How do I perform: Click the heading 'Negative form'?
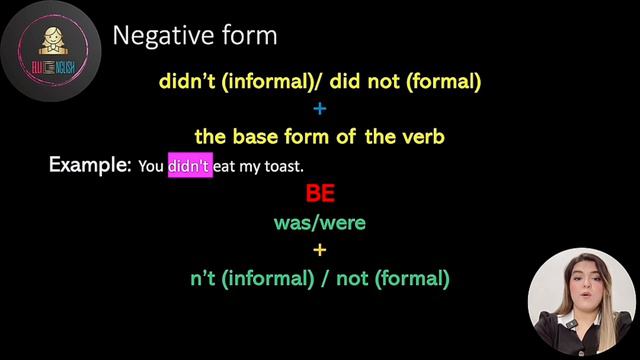tap(194, 37)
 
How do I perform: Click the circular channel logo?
tap(47, 48)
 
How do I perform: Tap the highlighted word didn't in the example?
tap(189, 166)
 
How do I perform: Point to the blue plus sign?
tap(320, 109)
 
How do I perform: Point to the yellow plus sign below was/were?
tap(320, 250)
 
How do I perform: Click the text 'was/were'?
tap(320, 222)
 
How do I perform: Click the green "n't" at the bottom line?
tap(203, 279)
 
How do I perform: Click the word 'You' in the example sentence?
tap(151, 167)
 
